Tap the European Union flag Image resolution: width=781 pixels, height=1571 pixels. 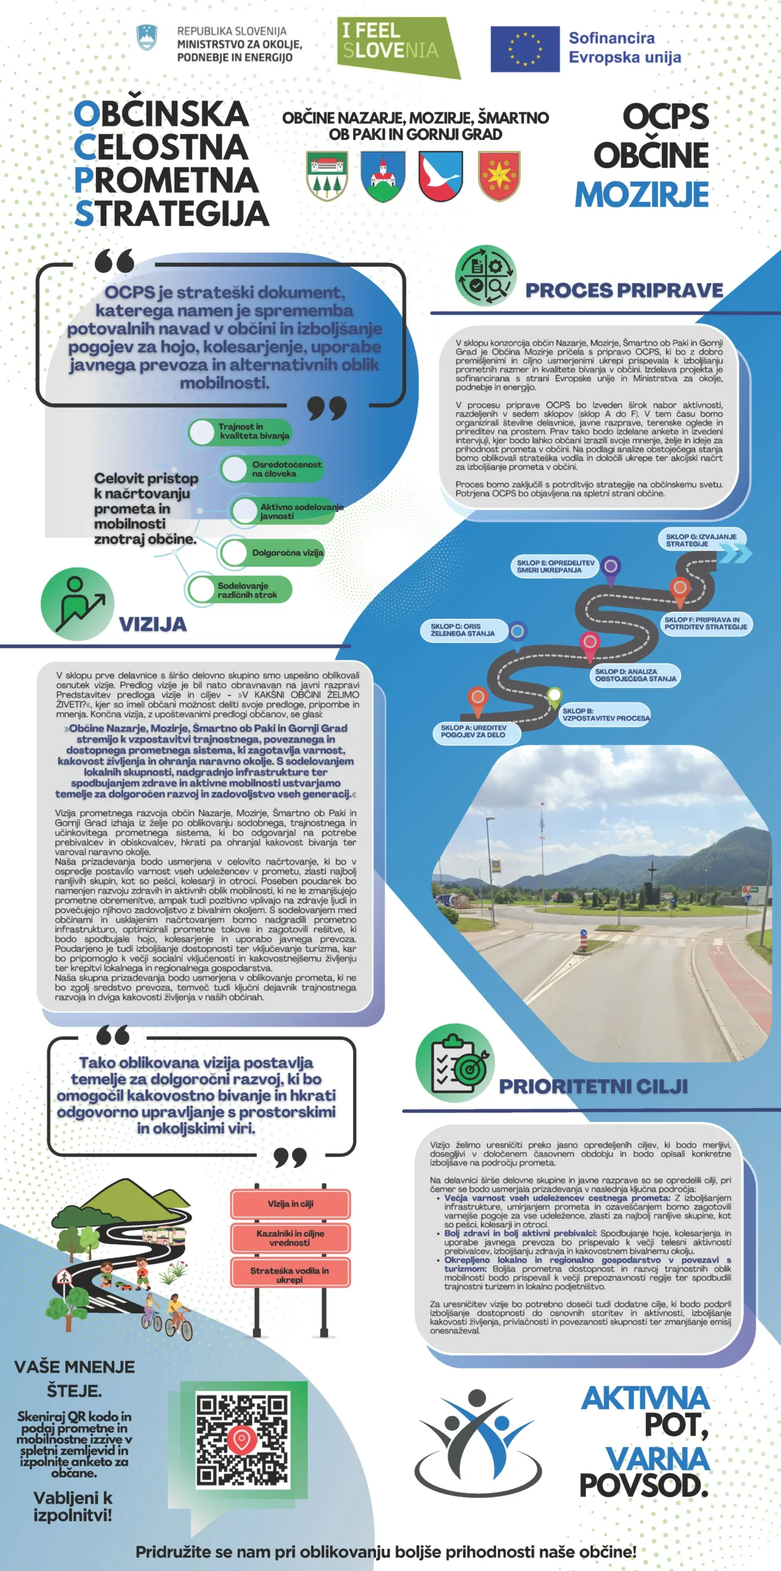[525, 49]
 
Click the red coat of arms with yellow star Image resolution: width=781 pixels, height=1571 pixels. [499, 176]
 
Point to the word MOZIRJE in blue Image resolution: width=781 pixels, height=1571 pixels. [642, 195]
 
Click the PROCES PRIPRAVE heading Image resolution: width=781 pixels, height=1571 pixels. [624, 290]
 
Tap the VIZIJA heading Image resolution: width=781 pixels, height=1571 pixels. [152, 624]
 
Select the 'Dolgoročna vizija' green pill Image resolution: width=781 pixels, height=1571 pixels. [273, 552]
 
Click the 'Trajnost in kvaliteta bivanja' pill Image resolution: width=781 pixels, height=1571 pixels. [241, 431]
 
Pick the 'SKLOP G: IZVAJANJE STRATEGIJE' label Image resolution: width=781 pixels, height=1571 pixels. [701, 540]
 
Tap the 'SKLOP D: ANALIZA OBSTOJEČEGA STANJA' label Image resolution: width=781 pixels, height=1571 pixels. [635, 675]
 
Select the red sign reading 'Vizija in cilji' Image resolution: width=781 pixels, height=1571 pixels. [290, 1203]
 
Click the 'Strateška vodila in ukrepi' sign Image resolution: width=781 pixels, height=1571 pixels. [290, 1275]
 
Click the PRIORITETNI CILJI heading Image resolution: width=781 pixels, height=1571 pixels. [593, 1086]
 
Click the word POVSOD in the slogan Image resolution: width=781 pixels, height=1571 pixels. [643, 1486]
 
